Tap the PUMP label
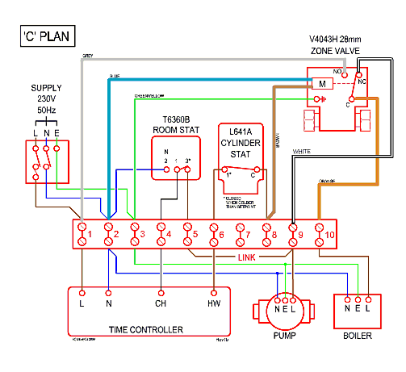tap(283, 335)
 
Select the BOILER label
tap(358, 335)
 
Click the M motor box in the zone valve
tap(322, 83)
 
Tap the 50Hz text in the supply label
tap(46, 108)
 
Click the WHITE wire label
tap(303, 152)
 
